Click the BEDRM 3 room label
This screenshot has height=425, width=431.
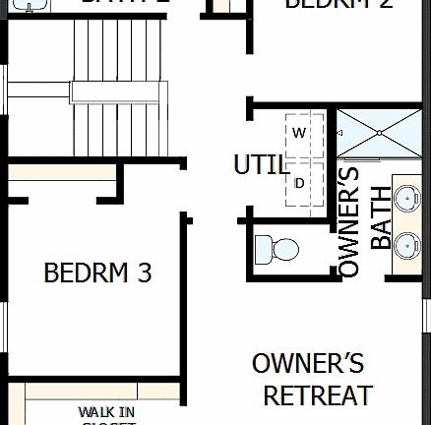point(97,273)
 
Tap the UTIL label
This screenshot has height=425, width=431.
point(261,164)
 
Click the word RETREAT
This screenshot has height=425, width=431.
point(317,395)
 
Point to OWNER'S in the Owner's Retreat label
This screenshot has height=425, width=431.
point(308,362)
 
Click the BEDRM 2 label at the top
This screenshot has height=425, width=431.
point(326,5)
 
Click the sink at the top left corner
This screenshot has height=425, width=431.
point(36,4)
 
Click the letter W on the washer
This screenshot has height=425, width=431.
point(299,132)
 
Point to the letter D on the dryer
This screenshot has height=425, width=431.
point(299,182)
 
